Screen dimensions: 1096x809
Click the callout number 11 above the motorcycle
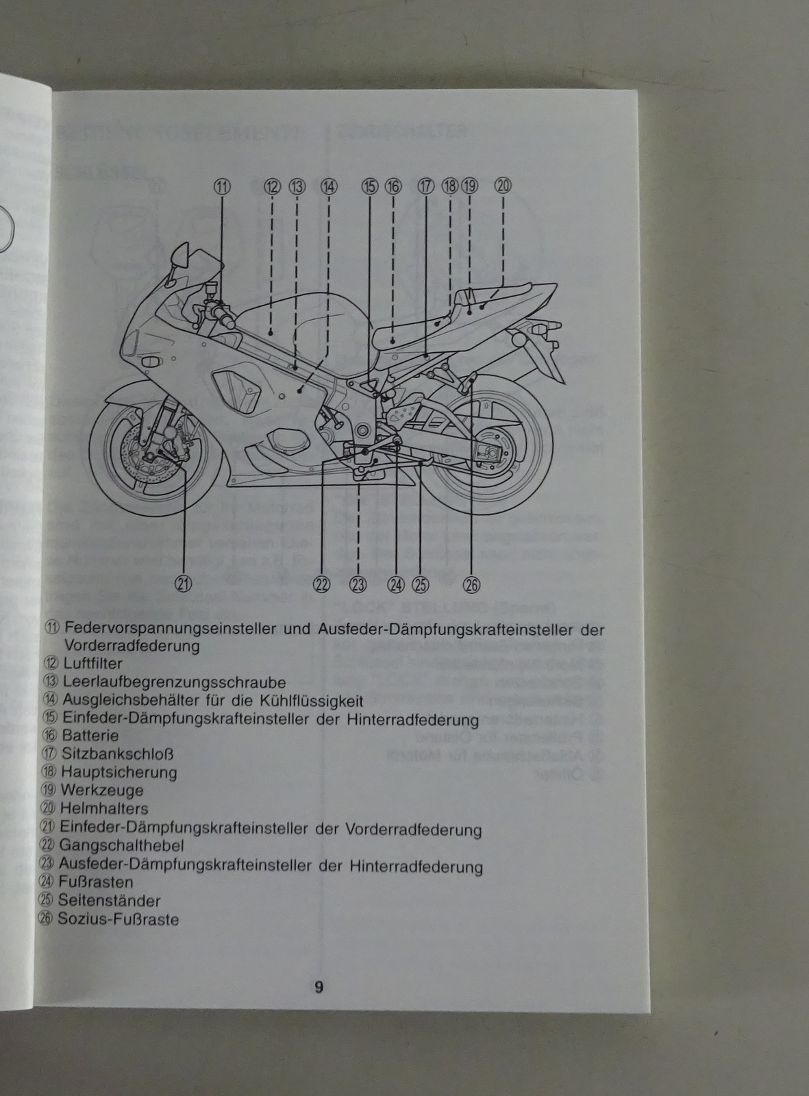(223, 186)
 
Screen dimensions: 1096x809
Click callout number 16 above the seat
(393, 186)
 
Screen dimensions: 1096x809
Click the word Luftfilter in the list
(92, 664)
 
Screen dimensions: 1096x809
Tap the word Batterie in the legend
(90, 736)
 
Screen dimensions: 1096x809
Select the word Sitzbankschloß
(117, 754)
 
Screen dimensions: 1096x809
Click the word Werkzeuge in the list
(102, 790)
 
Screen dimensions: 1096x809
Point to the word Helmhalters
(103, 809)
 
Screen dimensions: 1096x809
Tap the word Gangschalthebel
(121, 846)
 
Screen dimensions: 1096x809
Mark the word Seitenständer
(110, 901)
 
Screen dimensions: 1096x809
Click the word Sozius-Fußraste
(118, 919)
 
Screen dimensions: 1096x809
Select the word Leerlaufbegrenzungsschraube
(173, 682)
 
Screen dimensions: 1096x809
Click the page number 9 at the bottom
(319, 987)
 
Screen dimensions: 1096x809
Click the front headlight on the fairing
(150, 361)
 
